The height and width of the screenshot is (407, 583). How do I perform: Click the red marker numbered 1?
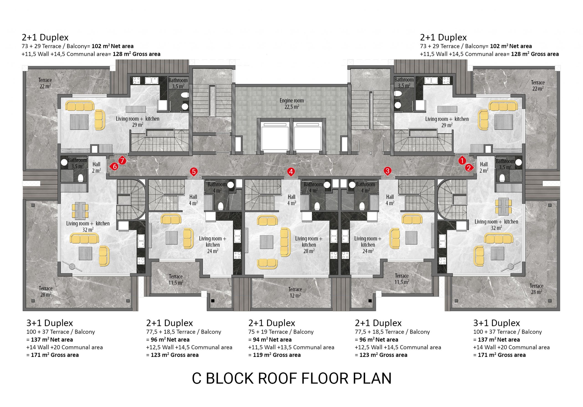click(x=462, y=161)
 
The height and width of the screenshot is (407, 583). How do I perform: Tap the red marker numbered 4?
click(x=291, y=172)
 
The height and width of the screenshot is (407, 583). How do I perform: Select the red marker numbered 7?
click(x=122, y=161)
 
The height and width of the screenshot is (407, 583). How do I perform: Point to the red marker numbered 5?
click(x=194, y=172)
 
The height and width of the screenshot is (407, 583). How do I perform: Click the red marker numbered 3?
click(x=387, y=171)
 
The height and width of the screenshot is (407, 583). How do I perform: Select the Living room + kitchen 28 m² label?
click(x=309, y=245)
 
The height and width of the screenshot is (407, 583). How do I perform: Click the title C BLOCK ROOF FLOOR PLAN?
click(x=291, y=378)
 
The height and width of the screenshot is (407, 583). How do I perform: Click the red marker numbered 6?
click(x=114, y=166)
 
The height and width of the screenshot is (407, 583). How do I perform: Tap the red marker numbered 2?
click(x=469, y=168)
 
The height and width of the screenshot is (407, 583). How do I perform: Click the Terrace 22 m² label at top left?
click(x=45, y=83)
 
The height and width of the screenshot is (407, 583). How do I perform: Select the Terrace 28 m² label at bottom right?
click(x=537, y=289)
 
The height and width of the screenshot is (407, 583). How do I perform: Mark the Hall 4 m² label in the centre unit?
click(x=291, y=200)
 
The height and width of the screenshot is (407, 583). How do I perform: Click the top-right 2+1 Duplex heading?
click(x=443, y=37)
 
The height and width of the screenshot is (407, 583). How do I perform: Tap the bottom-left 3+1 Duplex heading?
click(x=49, y=323)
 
